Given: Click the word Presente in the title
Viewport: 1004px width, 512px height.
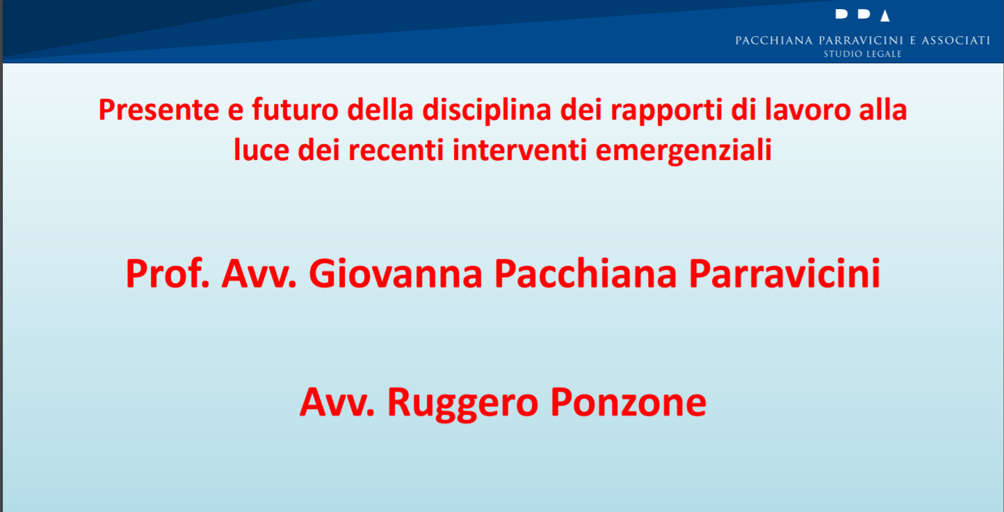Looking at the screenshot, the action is (159, 110).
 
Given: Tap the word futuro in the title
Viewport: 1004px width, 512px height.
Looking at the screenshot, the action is (295, 110).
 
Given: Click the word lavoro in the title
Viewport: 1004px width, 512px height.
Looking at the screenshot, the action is (807, 110).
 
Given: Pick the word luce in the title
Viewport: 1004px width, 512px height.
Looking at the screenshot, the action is (261, 150).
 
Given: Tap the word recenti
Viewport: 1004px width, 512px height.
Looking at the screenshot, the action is (396, 150).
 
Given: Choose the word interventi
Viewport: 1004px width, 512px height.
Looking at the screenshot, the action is (519, 150).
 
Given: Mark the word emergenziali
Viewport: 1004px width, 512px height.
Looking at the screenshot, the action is (683, 151).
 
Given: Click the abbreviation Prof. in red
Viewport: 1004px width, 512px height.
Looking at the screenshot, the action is (168, 273).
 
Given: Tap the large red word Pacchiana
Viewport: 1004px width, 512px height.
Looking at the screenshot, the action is (585, 274).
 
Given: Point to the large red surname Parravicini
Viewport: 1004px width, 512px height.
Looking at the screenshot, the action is (784, 274).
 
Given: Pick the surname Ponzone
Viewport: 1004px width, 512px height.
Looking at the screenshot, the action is (629, 402).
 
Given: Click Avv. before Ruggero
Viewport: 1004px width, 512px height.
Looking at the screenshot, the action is (337, 402).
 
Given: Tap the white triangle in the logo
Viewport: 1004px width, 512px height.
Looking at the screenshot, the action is (885, 16).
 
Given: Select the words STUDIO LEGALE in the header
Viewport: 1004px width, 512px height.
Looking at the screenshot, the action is (862, 54).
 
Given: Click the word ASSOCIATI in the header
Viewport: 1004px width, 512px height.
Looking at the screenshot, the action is (955, 41).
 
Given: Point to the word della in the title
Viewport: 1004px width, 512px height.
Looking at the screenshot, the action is (380, 110).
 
